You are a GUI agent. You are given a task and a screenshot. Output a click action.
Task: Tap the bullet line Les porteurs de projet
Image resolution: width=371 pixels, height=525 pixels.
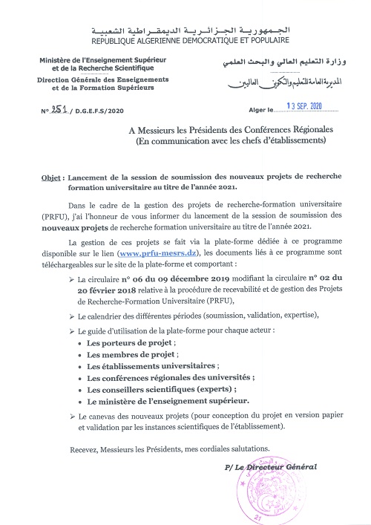tap(131, 344)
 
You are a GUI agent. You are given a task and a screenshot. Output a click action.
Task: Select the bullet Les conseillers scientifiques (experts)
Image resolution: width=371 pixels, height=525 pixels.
tap(162, 389)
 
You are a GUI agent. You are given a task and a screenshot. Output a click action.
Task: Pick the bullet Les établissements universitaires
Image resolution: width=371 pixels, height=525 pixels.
tap(153, 366)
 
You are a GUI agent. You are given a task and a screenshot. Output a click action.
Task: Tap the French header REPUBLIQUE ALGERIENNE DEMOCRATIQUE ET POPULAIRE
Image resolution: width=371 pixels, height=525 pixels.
tap(185, 38)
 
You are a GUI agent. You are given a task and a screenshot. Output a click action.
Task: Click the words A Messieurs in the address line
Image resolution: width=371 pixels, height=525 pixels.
tap(153, 130)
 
